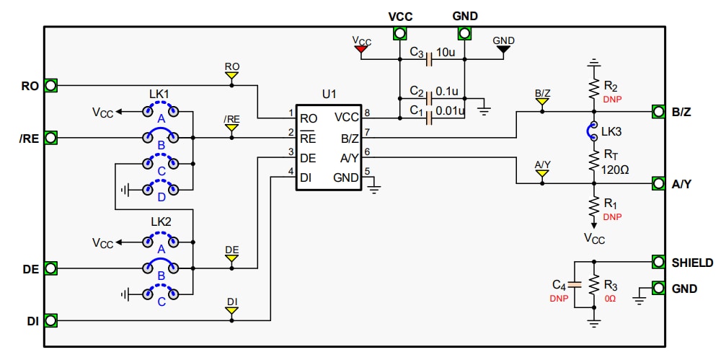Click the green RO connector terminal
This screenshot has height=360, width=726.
[x=50, y=86]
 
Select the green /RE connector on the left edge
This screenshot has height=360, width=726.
[x=50, y=137]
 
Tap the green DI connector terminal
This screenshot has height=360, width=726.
[x=50, y=320]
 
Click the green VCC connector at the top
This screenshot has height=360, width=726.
[x=399, y=33]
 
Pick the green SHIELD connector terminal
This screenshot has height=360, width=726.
[x=658, y=262]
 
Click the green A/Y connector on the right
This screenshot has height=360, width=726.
[x=658, y=184]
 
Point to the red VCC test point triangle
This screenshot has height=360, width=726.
[x=361, y=50]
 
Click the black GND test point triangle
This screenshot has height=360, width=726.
[x=503, y=50]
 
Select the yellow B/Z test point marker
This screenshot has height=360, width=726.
[x=542, y=102]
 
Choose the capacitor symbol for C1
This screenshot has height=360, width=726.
[x=430, y=116]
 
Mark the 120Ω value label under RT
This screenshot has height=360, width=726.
[x=615, y=170]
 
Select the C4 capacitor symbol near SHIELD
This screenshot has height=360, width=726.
[x=574, y=284]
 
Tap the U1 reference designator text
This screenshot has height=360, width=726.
[x=329, y=95]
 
